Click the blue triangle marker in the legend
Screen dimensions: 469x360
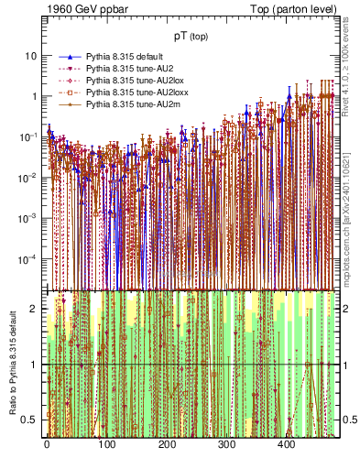click(69, 57)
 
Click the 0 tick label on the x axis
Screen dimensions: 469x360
click(46, 444)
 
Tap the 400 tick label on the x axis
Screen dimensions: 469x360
click(286, 444)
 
